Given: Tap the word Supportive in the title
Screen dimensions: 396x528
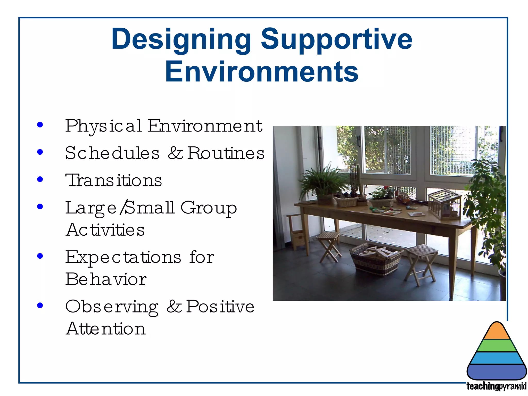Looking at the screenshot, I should coord(336,39).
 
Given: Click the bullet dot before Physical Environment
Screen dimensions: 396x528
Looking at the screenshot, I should coord(40,125).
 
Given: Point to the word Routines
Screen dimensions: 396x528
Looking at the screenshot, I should coord(226,153).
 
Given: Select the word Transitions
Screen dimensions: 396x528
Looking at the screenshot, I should coord(114,180).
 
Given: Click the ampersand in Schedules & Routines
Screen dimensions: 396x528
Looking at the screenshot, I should coord(175,153).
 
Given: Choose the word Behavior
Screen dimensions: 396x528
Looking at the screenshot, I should coord(106,279).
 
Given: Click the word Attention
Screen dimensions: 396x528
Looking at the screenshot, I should coord(106,329).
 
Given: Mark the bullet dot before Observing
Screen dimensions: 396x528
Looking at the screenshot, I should coord(40,306).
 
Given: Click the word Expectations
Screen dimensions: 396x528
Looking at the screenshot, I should coord(123,257).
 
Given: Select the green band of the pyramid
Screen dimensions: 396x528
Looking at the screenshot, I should coord(497,346).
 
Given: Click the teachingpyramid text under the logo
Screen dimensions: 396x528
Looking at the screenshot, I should coord(496,386).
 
